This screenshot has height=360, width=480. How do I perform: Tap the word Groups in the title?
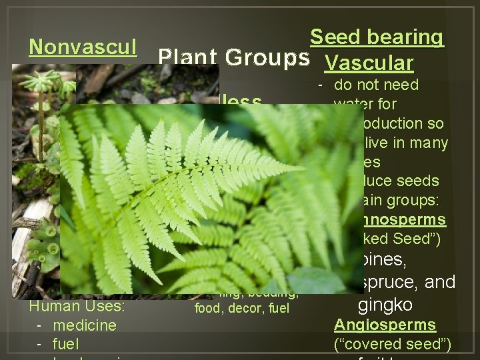point(267,58)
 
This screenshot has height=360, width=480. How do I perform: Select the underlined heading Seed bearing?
point(377,37)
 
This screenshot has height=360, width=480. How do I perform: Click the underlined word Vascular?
point(369,63)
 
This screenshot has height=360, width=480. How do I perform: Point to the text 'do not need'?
point(376,85)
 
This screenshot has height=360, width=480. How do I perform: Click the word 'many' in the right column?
point(431,142)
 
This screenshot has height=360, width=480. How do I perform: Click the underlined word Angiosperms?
point(385,325)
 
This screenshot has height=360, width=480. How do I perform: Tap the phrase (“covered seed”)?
point(392,344)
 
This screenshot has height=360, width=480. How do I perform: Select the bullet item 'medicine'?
point(84,325)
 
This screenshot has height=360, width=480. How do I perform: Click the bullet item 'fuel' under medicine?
point(65,344)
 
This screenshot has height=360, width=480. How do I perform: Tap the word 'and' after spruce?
point(440,283)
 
